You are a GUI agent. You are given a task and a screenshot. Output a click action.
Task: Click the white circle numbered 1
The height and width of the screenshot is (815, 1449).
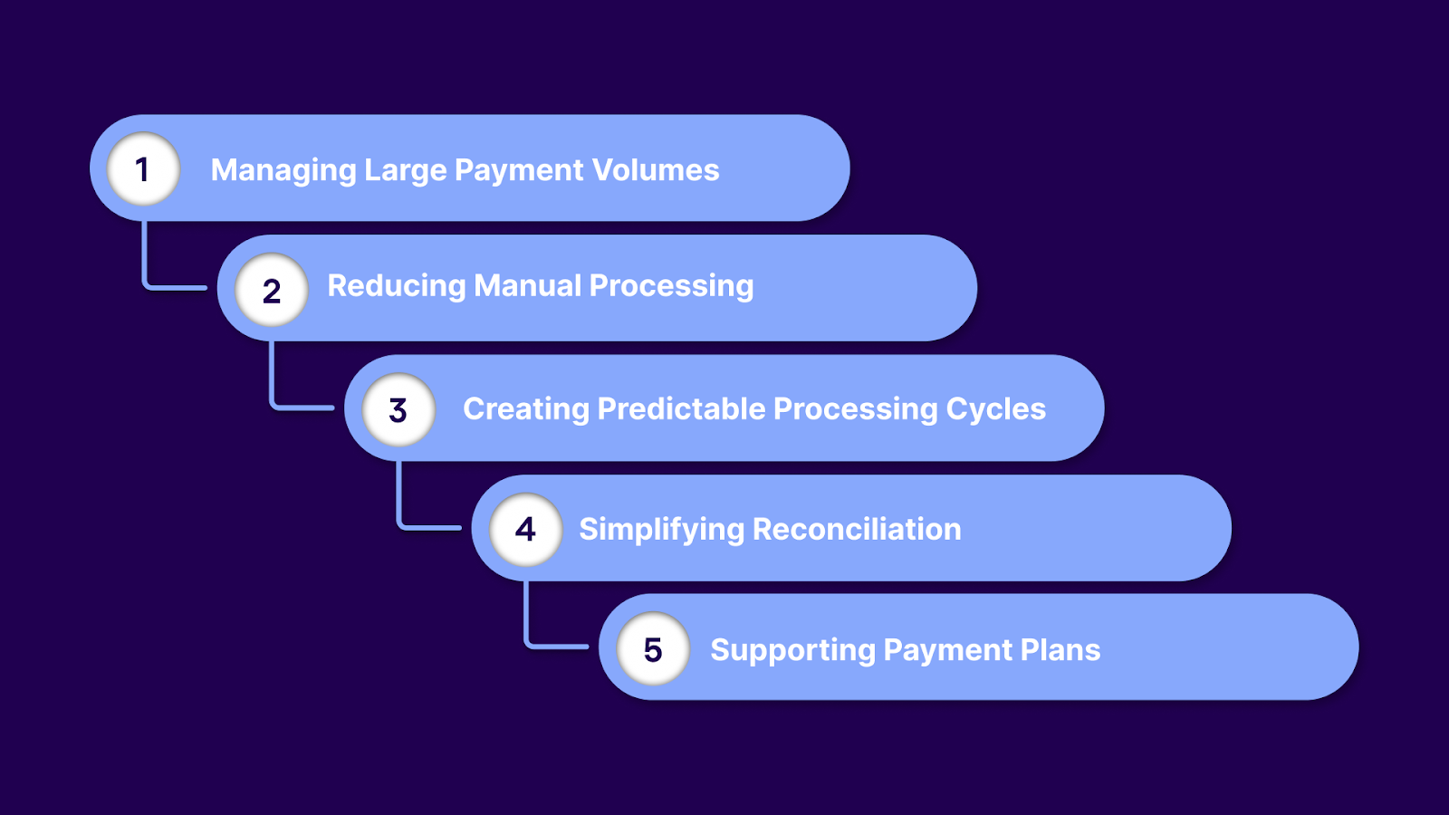pos(143,168)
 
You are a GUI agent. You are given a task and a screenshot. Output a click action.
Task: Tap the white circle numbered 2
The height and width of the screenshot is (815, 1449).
pos(271,290)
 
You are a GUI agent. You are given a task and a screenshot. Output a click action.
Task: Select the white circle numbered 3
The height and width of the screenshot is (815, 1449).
pos(398,409)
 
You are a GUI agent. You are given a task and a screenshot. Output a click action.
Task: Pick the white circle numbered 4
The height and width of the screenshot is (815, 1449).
pos(525,529)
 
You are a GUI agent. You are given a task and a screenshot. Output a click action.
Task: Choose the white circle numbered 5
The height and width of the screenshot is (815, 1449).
pos(653,648)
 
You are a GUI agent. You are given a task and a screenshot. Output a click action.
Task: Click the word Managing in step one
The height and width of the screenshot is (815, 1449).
pos(283,171)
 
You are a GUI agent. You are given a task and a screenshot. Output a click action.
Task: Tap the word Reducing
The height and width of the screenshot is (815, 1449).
pos(397,287)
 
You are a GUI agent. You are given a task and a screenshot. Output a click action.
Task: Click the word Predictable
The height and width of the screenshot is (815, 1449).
pos(682,409)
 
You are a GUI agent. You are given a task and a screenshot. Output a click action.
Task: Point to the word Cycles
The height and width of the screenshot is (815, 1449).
pos(995,409)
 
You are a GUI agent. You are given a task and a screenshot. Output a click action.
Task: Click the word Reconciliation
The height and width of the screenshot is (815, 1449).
pos(857,529)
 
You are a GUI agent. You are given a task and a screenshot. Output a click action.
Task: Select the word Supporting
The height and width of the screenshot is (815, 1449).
pos(792,651)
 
